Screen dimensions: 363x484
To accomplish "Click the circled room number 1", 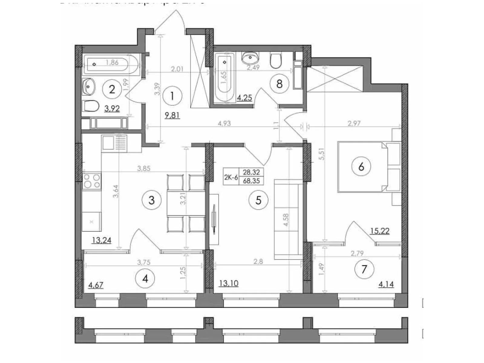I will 172,96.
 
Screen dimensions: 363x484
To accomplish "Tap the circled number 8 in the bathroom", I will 279,84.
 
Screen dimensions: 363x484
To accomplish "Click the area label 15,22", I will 380,231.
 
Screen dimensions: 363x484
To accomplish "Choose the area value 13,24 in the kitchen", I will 101,240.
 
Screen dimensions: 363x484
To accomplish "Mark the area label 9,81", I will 172,115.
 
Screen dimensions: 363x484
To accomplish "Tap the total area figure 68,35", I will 251,181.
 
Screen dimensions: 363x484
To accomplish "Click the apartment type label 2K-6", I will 231,177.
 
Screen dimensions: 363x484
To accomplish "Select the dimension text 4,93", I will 224,123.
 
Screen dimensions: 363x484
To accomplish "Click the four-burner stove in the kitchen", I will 92,181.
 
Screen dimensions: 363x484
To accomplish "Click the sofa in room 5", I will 288,219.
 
